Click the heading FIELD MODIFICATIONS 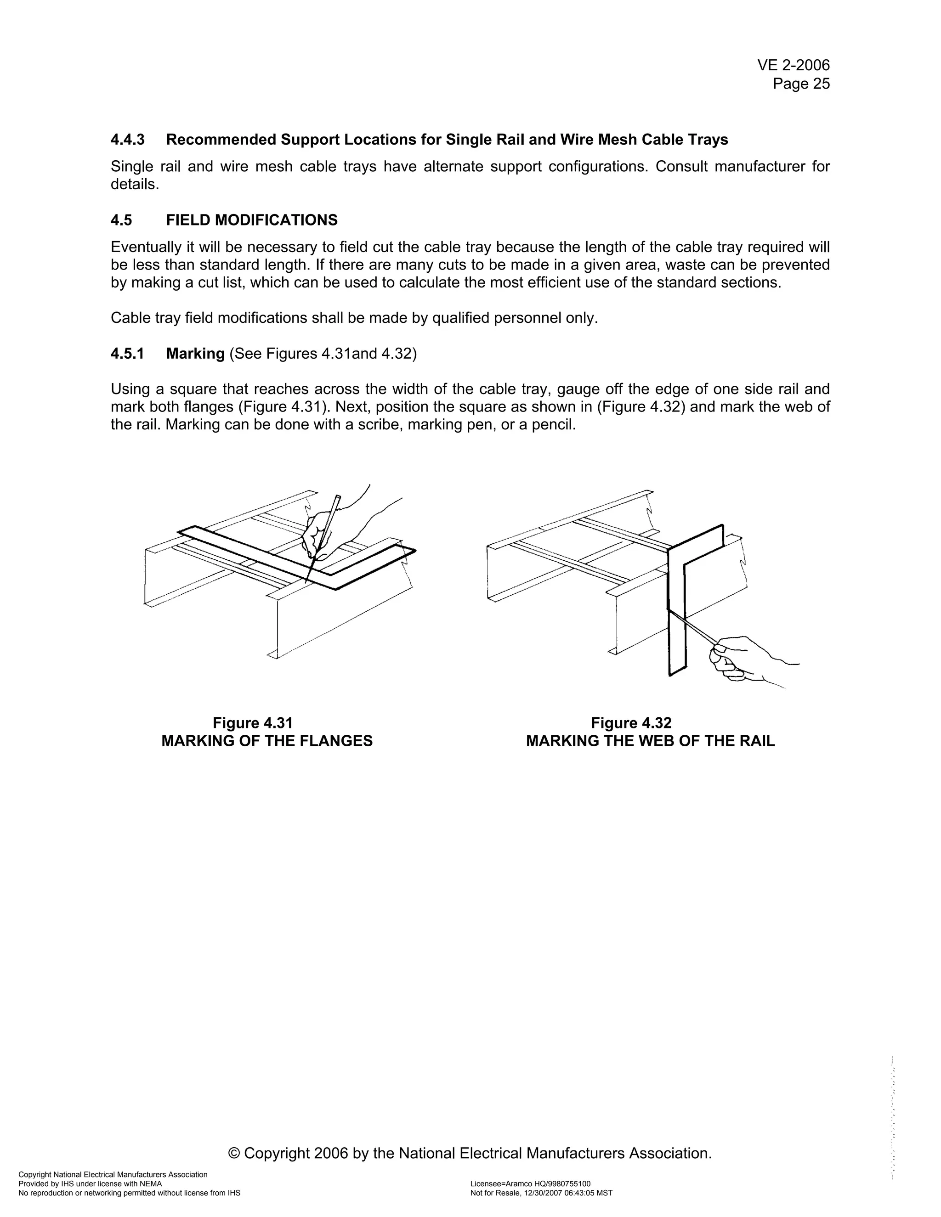click(251, 220)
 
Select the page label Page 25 click(801, 84)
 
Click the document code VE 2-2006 click(793, 66)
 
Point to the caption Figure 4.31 click(253, 723)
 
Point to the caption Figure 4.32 click(631, 723)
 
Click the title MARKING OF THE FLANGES click(266, 741)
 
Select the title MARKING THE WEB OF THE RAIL click(650, 741)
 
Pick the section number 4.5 click(121, 220)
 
